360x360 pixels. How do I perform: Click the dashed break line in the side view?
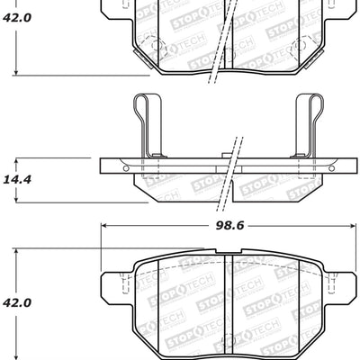coord(232,166)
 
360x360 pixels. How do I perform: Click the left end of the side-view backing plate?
coord(103,166)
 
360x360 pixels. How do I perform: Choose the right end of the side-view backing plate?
coord(352,166)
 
